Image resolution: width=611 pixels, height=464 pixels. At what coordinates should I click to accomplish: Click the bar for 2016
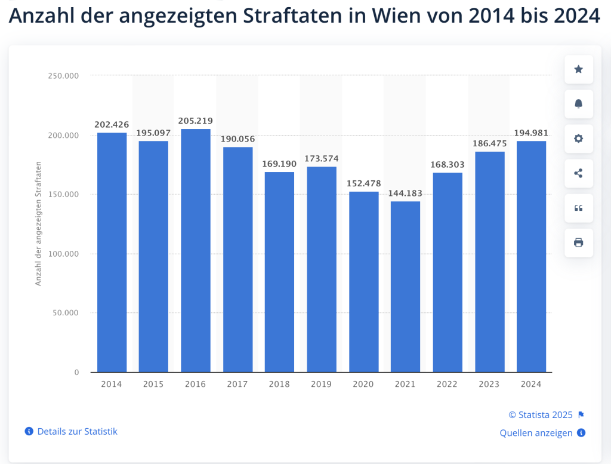[196, 251]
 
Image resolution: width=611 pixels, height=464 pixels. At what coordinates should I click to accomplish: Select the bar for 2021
[406, 287]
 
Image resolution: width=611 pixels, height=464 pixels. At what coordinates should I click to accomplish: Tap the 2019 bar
[322, 269]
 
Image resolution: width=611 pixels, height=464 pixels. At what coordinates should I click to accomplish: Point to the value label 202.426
[112, 125]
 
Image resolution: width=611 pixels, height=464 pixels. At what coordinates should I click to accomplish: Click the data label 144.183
[406, 193]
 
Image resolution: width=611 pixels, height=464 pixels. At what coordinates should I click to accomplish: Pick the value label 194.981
[531, 133]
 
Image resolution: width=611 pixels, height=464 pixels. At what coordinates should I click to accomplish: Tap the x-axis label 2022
[448, 385]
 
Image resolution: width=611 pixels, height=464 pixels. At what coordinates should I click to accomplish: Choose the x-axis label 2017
[237, 385]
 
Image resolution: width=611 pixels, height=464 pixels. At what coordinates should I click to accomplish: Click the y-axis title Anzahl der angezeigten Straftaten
[39, 223]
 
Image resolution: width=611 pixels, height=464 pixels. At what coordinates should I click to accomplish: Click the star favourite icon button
[578, 69]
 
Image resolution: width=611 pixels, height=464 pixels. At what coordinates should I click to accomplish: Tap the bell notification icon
[578, 104]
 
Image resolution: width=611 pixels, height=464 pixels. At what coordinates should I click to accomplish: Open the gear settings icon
[578, 139]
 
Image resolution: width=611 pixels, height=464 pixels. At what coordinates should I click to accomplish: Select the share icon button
[578, 173]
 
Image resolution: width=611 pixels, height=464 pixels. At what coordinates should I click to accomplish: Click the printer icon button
[578, 242]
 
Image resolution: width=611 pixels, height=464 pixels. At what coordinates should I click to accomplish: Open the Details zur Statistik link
[77, 431]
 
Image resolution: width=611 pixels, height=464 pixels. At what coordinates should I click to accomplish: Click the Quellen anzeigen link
[536, 433]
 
